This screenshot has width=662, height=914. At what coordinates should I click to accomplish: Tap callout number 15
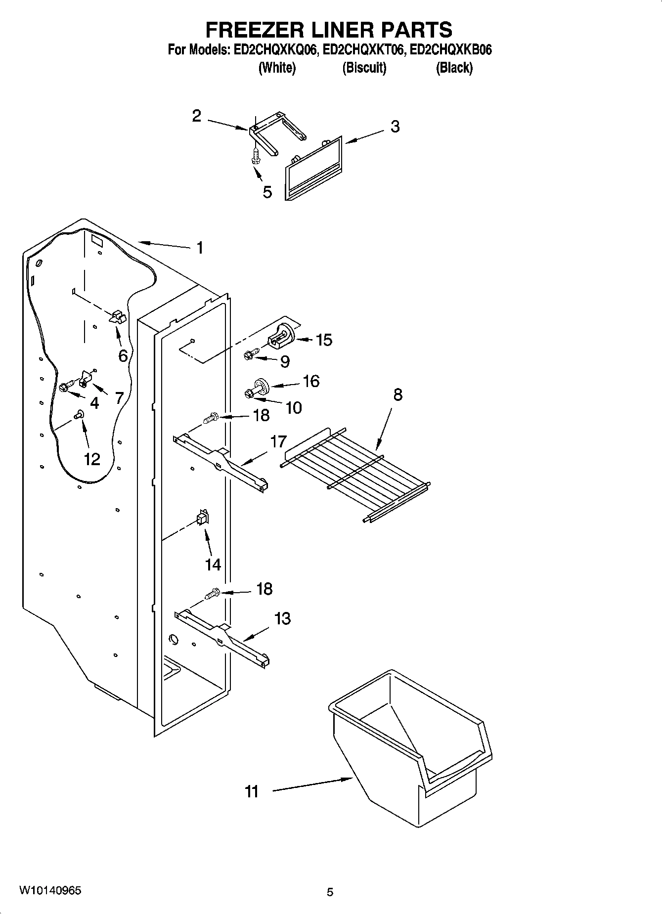coord(324,340)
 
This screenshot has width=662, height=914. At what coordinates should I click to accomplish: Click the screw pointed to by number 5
coord(255,156)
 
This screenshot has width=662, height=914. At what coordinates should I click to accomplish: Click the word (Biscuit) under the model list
coord(364,68)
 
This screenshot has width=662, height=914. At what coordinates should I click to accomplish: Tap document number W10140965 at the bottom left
coord(50,891)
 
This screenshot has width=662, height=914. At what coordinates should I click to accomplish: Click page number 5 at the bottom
coord(330,892)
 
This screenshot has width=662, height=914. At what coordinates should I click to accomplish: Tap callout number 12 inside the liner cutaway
coord(92,459)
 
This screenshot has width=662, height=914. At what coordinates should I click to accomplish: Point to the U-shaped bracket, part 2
coord(277,131)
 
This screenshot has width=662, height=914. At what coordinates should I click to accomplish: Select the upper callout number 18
coord(261,415)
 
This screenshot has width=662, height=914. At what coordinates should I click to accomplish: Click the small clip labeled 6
coord(118,317)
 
